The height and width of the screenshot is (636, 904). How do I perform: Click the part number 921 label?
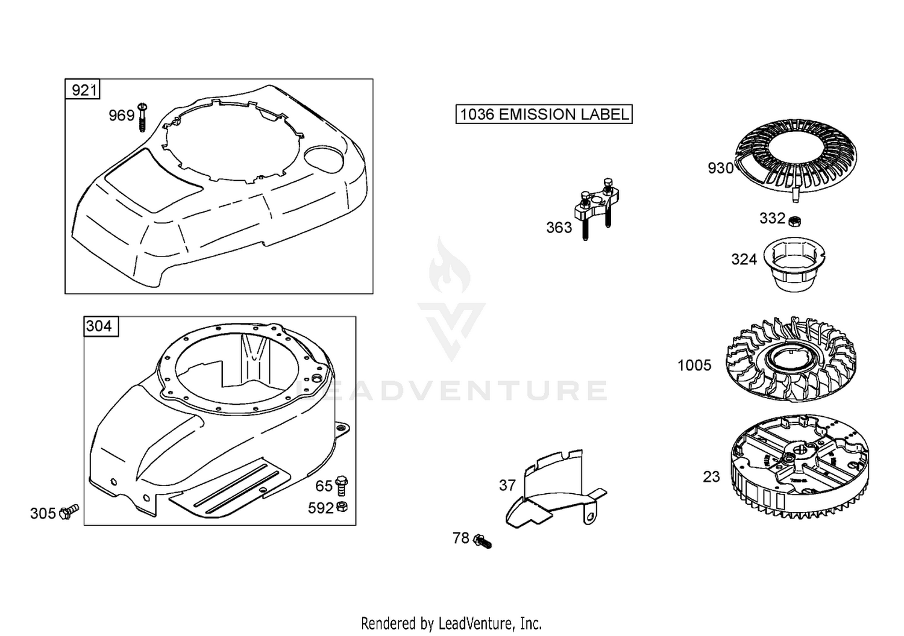83,89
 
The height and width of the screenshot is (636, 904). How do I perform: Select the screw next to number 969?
142,117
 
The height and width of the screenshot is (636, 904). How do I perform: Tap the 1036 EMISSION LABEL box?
544,114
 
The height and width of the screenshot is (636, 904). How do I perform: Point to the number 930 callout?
720,168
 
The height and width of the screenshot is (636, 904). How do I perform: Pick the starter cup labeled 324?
794,264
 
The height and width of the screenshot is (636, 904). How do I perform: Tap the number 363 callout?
559,228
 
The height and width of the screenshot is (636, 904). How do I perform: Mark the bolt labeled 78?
483,541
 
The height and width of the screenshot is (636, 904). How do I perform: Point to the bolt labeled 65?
342,485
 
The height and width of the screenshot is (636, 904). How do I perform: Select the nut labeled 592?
342,507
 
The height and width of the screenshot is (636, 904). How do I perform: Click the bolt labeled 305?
69,511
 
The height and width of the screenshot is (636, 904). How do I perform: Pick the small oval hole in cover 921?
324,158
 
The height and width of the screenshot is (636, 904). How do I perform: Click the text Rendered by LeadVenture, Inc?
451,623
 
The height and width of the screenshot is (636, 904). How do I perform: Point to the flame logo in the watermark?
450,265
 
